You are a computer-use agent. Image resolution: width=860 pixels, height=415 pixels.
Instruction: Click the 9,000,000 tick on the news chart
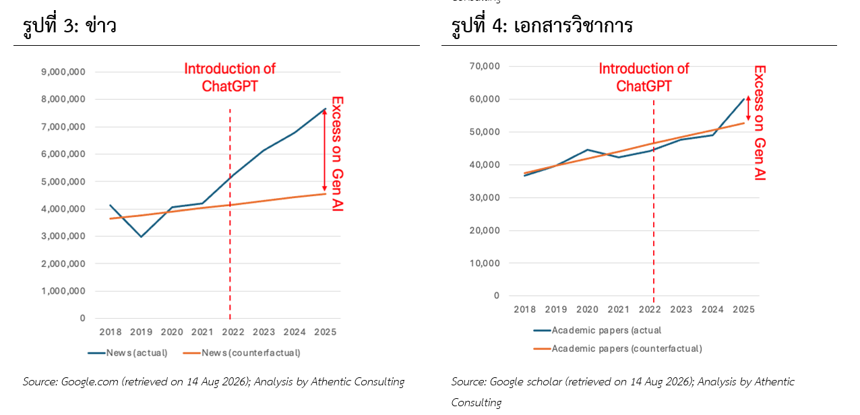63,72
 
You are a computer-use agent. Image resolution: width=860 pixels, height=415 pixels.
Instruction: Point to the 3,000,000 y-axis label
63,236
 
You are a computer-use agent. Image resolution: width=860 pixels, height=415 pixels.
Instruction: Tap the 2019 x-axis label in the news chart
141,332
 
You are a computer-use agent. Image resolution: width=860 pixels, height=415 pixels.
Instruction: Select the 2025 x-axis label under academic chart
743,309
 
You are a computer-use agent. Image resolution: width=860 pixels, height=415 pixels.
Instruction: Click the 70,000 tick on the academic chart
485,66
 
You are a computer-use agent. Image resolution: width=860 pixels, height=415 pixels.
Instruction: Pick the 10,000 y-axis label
485,263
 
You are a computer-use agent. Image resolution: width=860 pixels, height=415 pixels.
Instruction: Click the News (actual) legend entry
128,353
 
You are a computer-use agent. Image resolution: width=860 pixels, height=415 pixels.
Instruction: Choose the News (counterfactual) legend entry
242,353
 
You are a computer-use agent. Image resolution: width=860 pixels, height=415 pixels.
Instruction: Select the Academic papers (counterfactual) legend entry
618,348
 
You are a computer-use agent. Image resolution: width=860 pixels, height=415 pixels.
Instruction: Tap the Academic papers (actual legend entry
597,330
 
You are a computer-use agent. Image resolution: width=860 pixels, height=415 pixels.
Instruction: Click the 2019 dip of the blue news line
142,237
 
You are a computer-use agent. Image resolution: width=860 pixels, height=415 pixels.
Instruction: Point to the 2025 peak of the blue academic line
744,99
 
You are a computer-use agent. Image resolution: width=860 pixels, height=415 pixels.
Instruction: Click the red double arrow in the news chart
324,150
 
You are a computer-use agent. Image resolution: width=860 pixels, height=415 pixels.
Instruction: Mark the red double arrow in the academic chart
748,108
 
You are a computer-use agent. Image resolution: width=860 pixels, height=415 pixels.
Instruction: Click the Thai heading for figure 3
69,26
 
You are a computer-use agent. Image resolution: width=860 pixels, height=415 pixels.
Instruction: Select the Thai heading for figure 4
542,26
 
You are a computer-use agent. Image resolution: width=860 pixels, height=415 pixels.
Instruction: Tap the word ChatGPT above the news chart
230,86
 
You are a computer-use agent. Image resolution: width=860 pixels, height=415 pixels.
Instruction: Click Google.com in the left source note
90,381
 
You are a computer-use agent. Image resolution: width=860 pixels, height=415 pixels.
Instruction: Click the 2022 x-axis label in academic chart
650,309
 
